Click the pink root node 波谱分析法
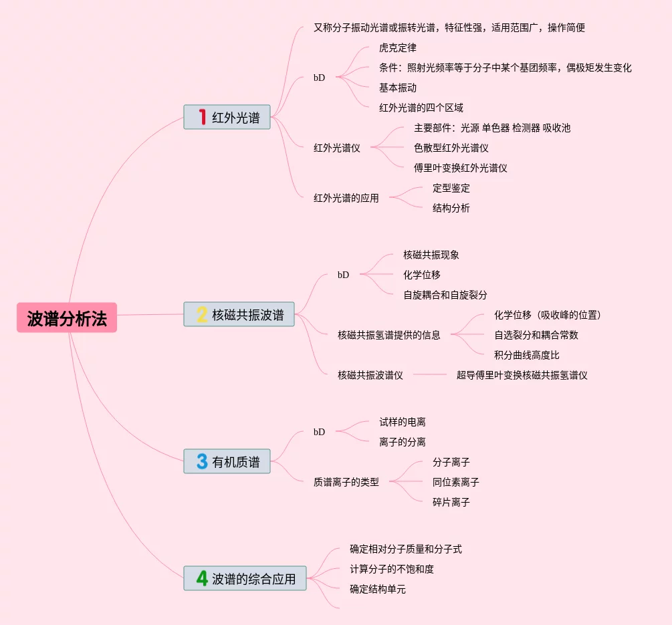67,318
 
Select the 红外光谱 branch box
227,118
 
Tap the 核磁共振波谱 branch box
239,315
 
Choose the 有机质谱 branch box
227,461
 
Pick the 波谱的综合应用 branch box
245,578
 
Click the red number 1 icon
202,117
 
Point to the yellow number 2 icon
202,314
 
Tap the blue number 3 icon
202,461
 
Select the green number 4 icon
202,578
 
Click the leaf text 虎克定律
398,47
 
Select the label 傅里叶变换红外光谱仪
461,168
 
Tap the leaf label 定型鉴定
451,188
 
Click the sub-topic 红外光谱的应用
346,198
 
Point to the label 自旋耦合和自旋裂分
445,295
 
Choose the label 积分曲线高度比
527,355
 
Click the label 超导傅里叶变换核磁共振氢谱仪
522,375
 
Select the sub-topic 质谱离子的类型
346,481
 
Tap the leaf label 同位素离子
456,482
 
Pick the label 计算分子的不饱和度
392,569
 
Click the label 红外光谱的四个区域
421,108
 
